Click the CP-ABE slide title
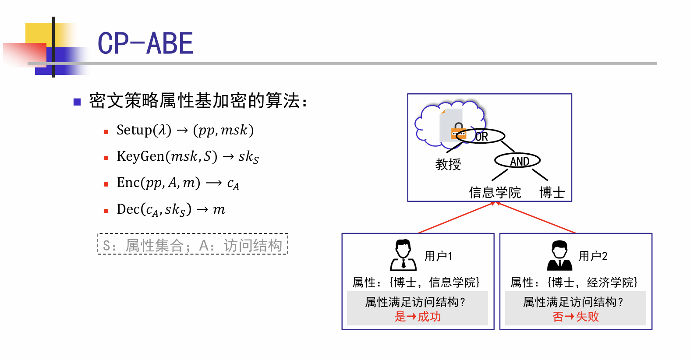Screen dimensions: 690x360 145,43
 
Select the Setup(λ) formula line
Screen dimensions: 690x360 185,130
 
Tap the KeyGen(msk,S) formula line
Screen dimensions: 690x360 188,157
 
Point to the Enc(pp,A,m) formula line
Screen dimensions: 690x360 178,183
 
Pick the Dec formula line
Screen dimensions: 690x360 171,210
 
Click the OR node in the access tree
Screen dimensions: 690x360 480,136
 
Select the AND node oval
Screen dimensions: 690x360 517,161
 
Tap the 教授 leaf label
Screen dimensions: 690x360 448,164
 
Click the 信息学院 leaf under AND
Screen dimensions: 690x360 495,193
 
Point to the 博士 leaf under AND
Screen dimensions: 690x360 552,193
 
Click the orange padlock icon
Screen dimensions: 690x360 458,131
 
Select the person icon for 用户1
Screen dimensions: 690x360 403,255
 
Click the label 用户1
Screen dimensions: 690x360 438,256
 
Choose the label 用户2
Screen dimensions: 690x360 593,256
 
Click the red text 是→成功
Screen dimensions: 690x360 418,317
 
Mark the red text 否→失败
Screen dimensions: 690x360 575,317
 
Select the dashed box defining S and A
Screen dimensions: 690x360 193,244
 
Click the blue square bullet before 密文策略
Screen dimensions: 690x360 77,102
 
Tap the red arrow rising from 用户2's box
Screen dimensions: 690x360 536,217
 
